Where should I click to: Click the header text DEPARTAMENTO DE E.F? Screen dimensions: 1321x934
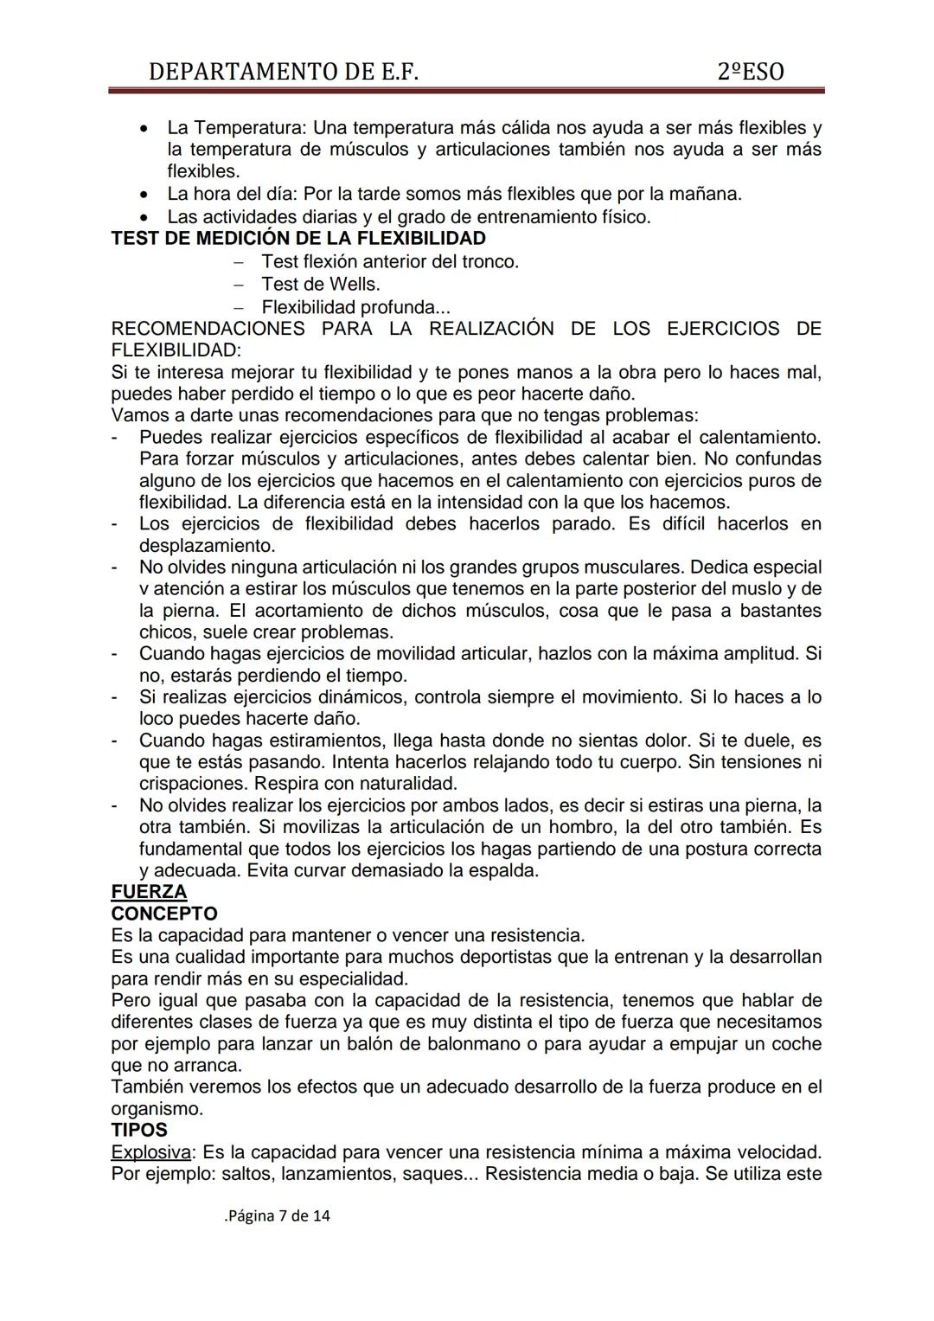(284, 72)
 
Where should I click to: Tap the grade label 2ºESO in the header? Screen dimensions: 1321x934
(751, 72)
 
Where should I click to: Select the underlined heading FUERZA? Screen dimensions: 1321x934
(149, 892)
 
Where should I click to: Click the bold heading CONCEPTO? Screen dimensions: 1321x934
(164, 914)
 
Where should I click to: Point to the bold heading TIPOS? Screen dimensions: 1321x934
(139, 1130)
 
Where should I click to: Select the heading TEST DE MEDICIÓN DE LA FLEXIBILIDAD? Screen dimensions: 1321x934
(298, 238)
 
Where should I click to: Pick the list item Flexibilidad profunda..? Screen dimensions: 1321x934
(355, 307)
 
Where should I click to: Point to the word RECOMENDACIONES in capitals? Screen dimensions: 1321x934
(208, 329)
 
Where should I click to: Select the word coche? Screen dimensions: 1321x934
(793, 1043)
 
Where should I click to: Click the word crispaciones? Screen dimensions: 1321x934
(194, 784)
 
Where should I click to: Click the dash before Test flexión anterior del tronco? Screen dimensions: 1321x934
(239, 261)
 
